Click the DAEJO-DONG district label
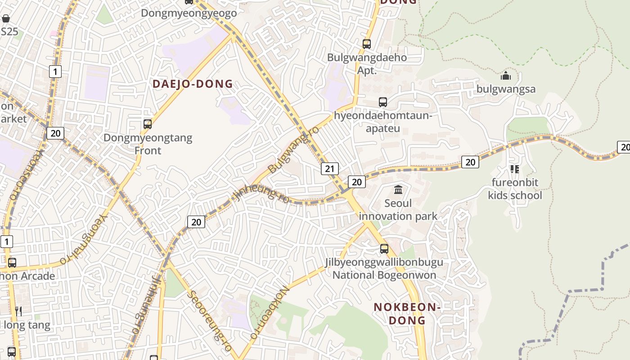pyautogui.click(x=193, y=84)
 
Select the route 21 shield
pyautogui.click(x=330, y=169)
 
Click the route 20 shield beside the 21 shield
pyautogui.click(x=357, y=182)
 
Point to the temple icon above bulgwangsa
pyautogui.click(x=506, y=76)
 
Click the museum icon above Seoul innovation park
pyautogui.click(x=398, y=189)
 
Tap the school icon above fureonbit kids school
pyautogui.click(x=515, y=169)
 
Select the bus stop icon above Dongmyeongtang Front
pyautogui.click(x=147, y=124)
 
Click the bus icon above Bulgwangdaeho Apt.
pyautogui.click(x=367, y=44)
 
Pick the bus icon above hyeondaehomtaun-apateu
pyautogui.click(x=382, y=102)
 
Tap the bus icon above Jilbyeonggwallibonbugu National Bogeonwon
pyautogui.click(x=384, y=248)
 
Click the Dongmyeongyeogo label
pyautogui.click(x=189, y=13)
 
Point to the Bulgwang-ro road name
pyautogui.click(x=293, y=149)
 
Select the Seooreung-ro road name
pyautogui.click(x=210, y=320)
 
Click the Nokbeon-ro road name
pyautogui.click(x=269, y=314)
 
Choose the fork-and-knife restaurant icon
pyautogui.click(x=18, y=311)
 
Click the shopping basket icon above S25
pyautogui.click(x=6, y=18)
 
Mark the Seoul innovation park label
pyautogui.click(x=398, y=210)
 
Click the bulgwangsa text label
pyautogui.click(x=506, y=89)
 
